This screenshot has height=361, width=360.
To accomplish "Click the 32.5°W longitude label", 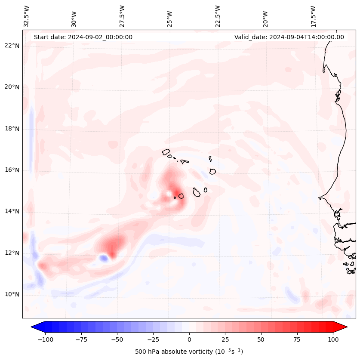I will coord(27,16).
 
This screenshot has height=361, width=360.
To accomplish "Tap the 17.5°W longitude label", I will coord(313,16).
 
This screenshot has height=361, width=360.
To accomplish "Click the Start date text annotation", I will coord(83,37).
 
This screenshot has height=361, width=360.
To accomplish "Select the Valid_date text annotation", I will coord(289,37).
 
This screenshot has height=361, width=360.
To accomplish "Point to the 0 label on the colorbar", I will coord(189,339).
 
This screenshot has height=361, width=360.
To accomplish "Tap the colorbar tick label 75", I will coord(297,339).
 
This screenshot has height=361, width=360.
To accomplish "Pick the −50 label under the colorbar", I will coord(117,339).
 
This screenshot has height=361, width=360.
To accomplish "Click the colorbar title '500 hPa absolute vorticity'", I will coord(189,352).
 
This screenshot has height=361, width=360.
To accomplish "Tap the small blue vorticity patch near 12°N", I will coord(104,258).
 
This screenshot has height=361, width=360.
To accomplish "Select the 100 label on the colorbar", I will coord(333,339).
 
